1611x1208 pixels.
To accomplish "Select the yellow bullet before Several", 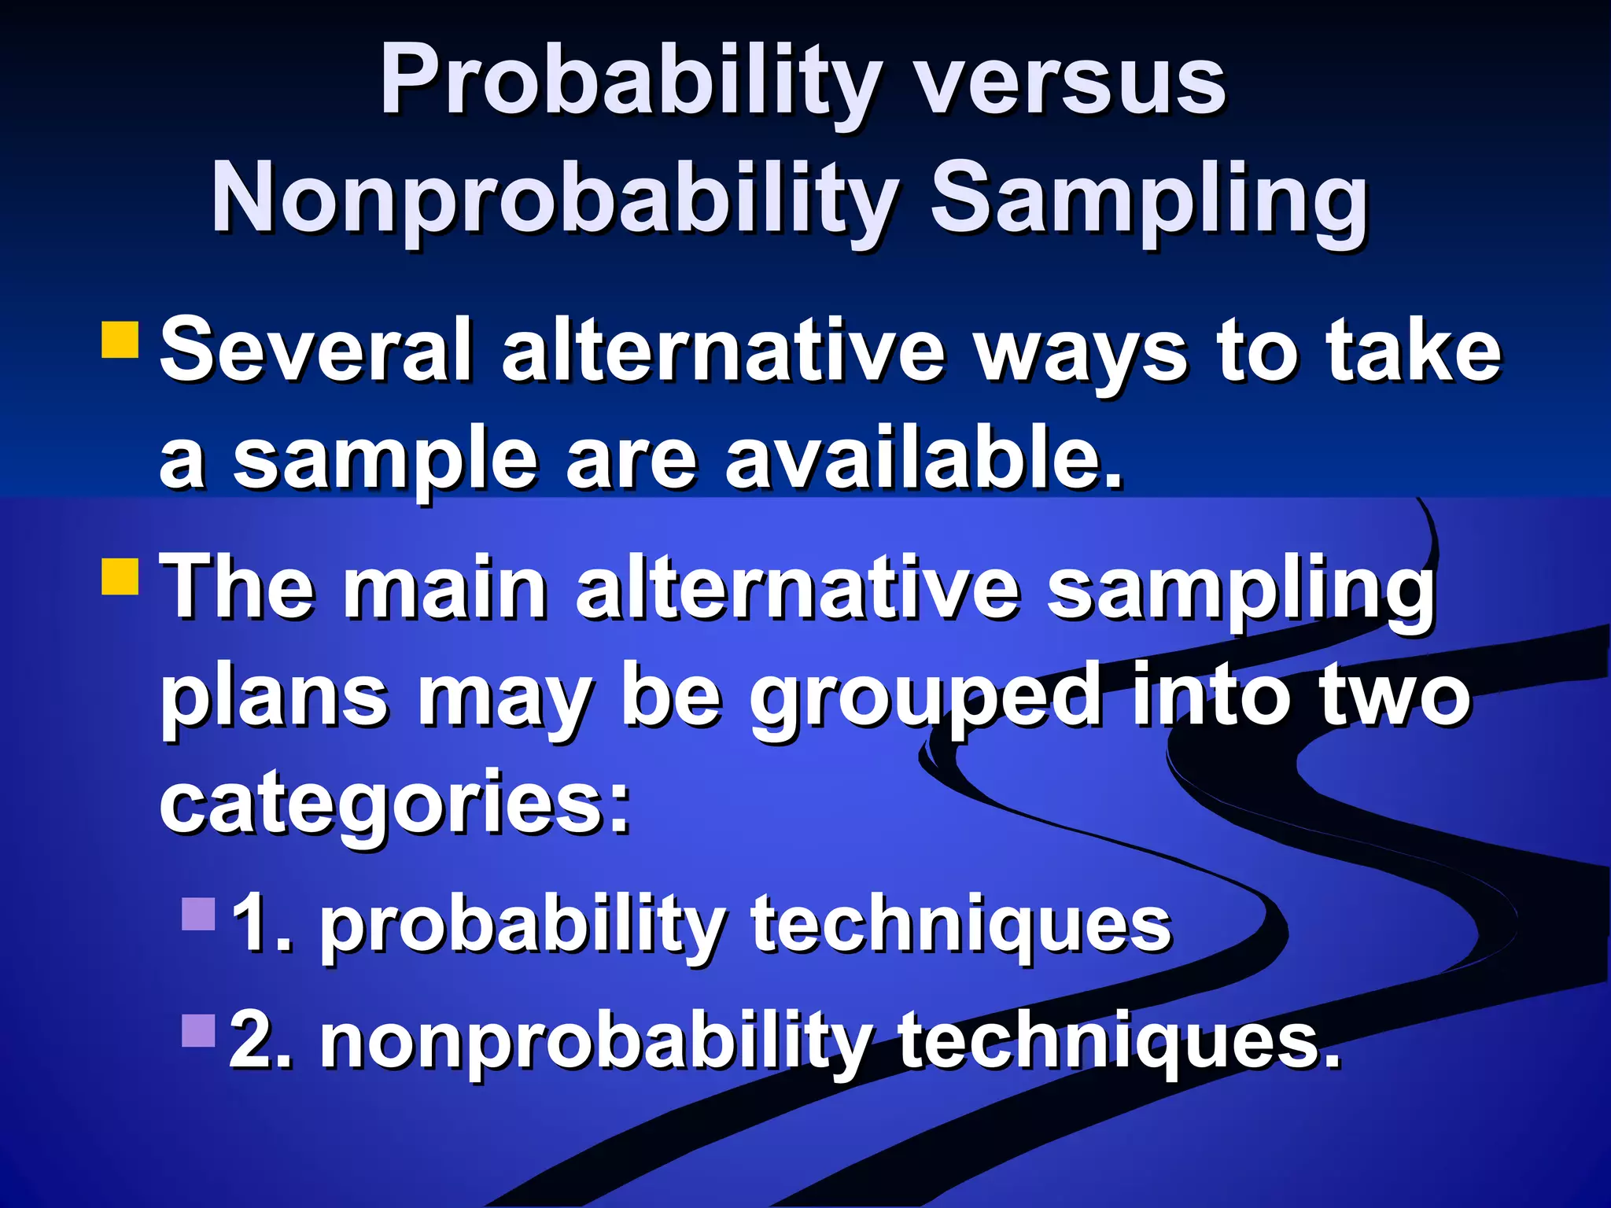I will pyautogui.click(x=120, y=340).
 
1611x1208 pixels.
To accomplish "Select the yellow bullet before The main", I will pyautogui.click(x=120, y=576).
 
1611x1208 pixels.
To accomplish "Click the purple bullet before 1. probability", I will pyautogui.click(x=198, y=914).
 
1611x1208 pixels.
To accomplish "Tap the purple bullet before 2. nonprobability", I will pyautogui.click(x=198, y=1030).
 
